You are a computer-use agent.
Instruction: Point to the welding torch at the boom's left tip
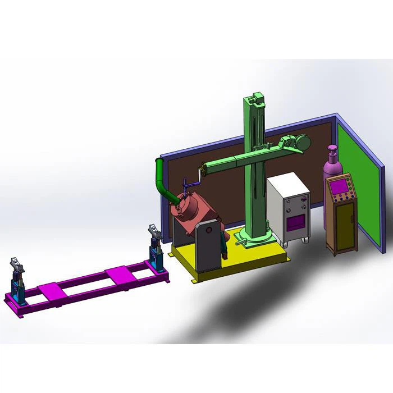191,182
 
